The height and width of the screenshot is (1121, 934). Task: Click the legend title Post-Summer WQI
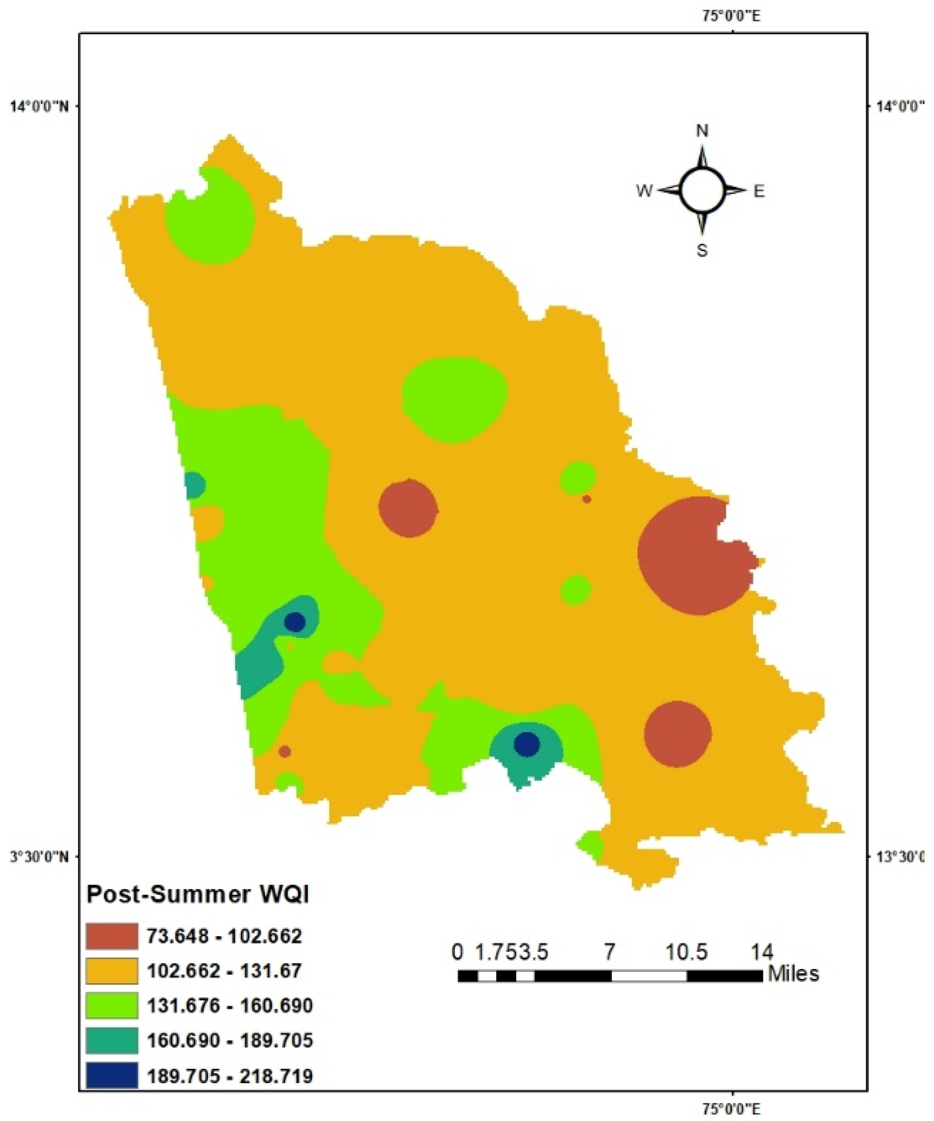197,894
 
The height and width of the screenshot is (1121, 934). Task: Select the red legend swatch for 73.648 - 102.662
111,936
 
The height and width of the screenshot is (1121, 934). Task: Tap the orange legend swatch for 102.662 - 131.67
111,970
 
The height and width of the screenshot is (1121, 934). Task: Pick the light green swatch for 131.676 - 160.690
111,1005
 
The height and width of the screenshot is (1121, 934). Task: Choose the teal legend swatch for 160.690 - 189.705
111,1040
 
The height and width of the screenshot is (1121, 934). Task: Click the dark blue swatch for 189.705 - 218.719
111,1074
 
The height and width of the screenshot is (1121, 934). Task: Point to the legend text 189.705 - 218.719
229,1074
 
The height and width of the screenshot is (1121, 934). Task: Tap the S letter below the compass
702,250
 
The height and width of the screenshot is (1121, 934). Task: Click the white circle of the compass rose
702,190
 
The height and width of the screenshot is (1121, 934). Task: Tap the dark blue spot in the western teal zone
295,622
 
